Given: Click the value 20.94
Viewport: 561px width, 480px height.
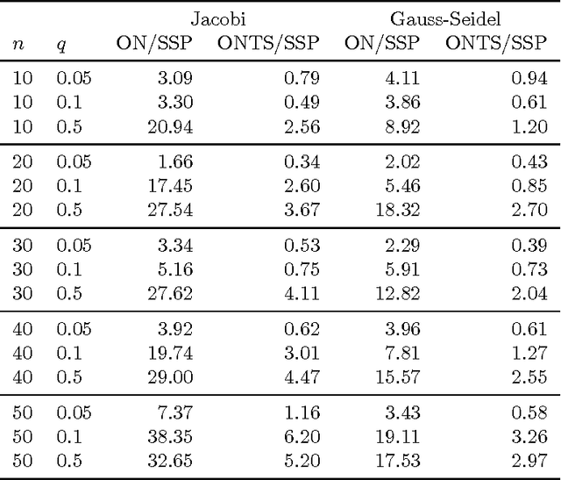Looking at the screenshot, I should coord(171,126).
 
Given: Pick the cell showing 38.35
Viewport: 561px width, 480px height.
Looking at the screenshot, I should coord(171,435).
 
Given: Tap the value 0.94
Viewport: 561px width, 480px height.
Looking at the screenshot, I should coord(529,79).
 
